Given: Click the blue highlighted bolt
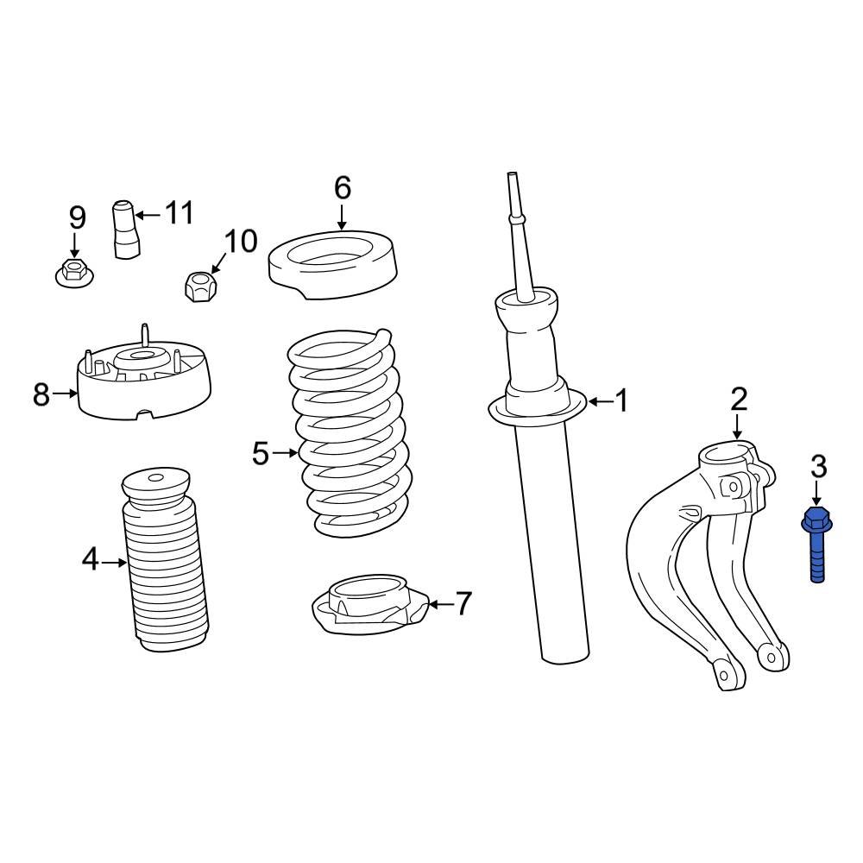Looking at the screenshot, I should (x=816, y=545).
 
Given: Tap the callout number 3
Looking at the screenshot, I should (x=818, y=467).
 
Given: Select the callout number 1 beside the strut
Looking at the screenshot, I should (x=621, y=401).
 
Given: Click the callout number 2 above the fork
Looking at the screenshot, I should (x=739, y=399).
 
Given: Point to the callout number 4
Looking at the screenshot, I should (x=91, y=561).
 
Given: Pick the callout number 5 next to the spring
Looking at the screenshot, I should (x=261, y=453).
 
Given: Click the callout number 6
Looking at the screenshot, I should (x=343, y=186).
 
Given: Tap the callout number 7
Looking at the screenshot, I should (x=463, y=604).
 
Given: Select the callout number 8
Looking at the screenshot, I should (x=41, y=395).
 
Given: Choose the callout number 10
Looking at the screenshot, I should (x=241, y=242).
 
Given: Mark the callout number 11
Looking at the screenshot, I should (x=180, y=212).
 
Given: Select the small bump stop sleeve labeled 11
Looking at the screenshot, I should (x=126, y=230).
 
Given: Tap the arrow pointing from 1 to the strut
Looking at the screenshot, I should (x=599, y=401).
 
